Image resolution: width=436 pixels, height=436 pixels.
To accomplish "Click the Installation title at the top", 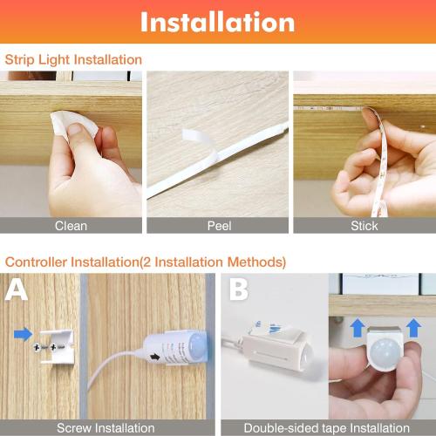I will [217, 22].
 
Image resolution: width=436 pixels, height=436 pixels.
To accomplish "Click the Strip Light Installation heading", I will [73, 59].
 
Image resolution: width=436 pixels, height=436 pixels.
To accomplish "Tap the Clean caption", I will [71, 225].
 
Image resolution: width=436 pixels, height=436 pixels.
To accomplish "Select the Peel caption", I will [219, 225].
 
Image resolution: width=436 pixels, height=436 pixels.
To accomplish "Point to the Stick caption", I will [364, 225].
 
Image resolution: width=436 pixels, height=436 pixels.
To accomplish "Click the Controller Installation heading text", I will [145, 261].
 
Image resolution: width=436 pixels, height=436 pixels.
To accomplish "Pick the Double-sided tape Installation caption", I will [326, 427].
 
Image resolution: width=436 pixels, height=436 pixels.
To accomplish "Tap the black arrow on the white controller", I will [158, 356].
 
